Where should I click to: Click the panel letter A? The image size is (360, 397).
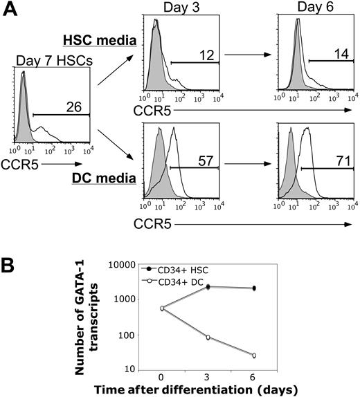tap(10, 9)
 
